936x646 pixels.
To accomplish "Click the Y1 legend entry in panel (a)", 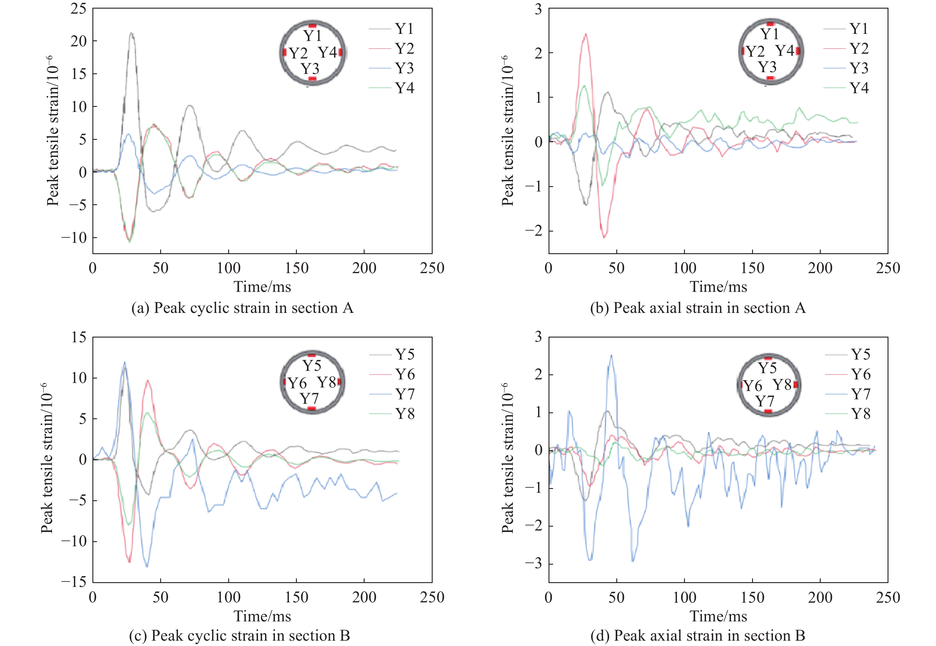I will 404,29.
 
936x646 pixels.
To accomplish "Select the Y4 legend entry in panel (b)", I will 859,88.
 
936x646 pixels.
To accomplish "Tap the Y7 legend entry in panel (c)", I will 405,394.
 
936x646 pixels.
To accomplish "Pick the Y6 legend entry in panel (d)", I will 860,374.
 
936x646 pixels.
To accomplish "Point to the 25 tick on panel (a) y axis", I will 78,9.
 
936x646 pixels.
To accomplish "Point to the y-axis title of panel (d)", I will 507,458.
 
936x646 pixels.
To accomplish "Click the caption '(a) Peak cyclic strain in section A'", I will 242,308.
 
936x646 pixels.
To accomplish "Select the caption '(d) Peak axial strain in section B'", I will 697,636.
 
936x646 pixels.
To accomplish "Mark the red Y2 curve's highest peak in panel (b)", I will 586,34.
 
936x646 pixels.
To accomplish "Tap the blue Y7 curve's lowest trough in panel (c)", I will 146,567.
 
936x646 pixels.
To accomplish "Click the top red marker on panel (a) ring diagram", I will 312,25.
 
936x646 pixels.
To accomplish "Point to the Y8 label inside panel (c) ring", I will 327,382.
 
